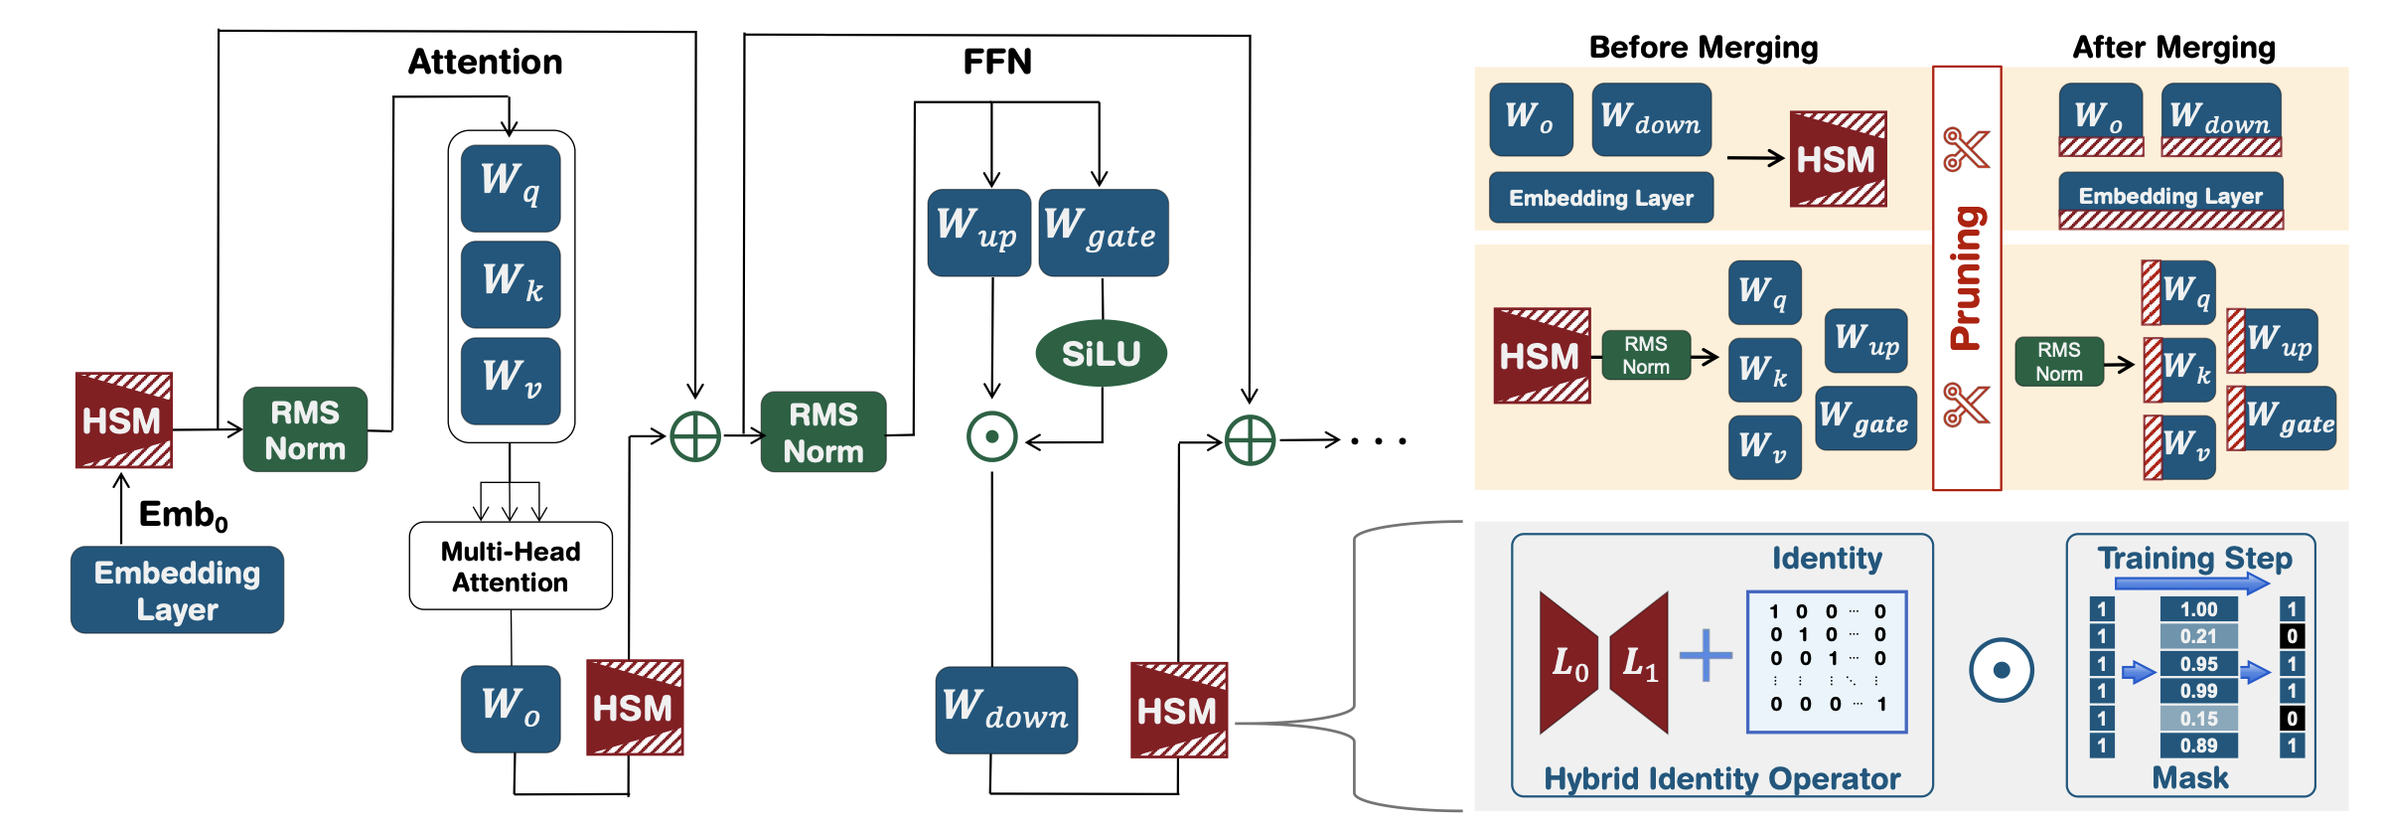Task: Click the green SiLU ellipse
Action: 1101,353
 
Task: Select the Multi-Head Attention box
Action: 511,566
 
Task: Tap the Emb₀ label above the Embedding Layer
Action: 183,515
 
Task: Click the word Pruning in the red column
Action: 1966,278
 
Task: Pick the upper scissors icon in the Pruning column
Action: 1966,150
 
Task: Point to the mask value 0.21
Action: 2198,636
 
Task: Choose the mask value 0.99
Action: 2198,691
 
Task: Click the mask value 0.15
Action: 2198,719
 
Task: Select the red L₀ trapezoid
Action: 1568,663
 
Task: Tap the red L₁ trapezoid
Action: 1640,663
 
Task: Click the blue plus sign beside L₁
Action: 1706,655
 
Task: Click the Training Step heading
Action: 2194,558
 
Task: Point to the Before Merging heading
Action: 1703,47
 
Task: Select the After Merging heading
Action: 2173,47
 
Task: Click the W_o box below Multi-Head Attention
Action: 511,708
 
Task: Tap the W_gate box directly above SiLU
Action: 1103,233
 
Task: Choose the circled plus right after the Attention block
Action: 695,436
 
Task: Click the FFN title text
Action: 997,62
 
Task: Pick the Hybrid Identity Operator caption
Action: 1721,778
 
